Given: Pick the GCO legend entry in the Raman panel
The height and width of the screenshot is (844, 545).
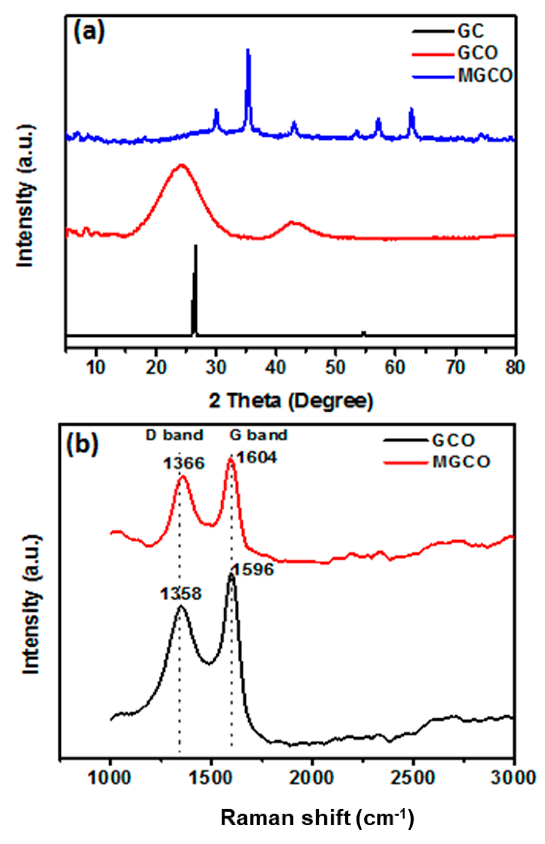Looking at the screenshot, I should (453, 440).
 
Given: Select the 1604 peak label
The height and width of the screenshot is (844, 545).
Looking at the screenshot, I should (256, 458).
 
